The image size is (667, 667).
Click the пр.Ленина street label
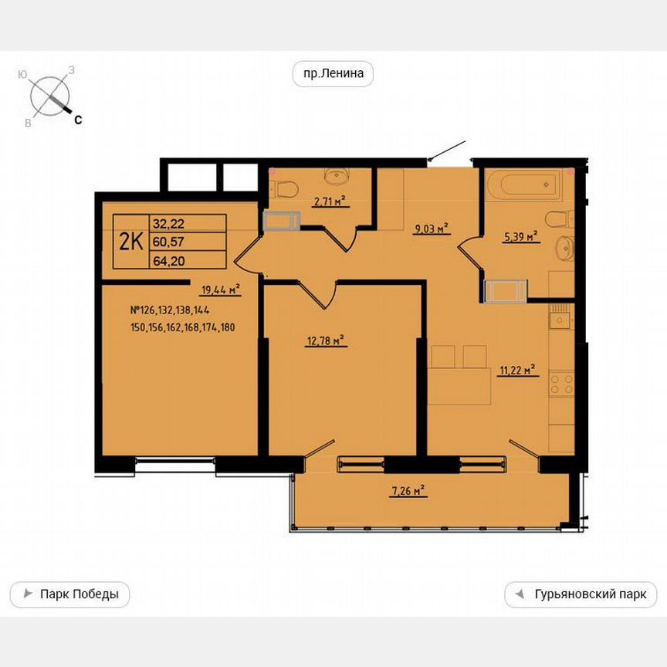click(x=333, y=74)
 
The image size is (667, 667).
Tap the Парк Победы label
click(x=70, y=594)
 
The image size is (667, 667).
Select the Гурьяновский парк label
click(x=581, y=594)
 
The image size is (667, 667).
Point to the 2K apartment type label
click(x=130, y=241)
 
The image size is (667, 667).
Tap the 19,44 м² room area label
click(x=220, y=290)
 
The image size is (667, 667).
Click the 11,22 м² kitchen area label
click(x=517, y=371)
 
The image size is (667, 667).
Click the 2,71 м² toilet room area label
click(x=328, y=203)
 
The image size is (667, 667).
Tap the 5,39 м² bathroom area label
click(x=520, y=237)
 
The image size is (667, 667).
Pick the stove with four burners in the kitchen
click(x=560, y=384)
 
